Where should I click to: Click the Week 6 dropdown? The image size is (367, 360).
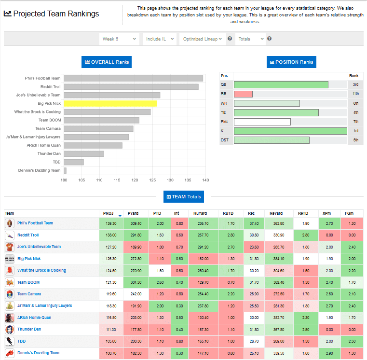119,39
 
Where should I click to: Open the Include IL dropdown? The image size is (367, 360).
159,39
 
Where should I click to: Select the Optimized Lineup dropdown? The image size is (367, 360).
202,39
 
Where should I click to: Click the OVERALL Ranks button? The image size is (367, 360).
106,62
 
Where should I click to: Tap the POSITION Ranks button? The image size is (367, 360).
291,62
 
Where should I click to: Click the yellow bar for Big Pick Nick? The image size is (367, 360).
110,103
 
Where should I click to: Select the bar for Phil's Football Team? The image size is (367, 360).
134,78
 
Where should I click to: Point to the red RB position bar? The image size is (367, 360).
243,94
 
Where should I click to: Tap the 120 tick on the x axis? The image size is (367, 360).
135,180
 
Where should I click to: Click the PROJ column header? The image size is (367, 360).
108,213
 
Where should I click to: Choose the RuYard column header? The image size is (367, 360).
200,213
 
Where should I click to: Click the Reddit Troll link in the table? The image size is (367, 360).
28,235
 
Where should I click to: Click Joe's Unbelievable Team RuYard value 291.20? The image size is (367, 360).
203,247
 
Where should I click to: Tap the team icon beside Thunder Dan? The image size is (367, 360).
10,330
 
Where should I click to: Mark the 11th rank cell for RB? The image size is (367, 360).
355,94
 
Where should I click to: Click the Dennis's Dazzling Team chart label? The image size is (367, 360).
42,170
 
